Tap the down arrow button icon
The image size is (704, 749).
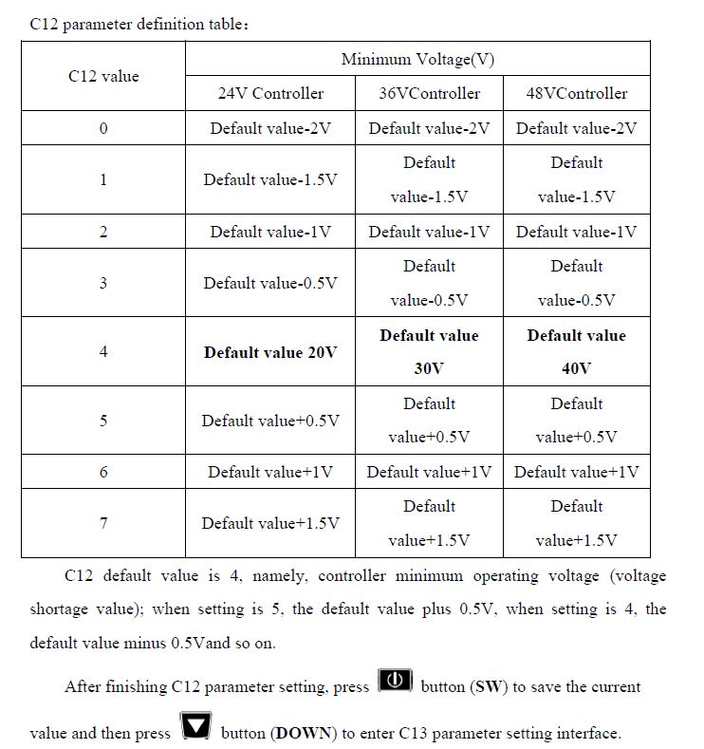(196, 728)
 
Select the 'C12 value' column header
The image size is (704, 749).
(103, 76)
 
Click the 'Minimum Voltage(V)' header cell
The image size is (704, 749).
(417, 59)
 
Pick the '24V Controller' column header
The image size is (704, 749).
(269, 93)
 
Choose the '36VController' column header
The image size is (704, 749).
(429, 93)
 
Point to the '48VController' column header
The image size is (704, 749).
(576, 93)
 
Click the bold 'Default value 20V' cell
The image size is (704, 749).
(269, 351)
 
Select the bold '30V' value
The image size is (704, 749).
(429, 368)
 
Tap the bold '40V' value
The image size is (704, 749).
(576, 368)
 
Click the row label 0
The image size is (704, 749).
(103, 128)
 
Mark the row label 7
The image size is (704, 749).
(103, 523)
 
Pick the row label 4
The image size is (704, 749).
(103, 351)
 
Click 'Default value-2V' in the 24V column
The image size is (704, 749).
(269, 128)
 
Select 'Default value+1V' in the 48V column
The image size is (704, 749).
(576, 472)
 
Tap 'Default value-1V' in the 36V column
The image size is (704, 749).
(429, 232)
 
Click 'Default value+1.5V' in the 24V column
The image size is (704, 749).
(269, 523)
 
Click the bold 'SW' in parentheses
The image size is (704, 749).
(488, 686)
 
